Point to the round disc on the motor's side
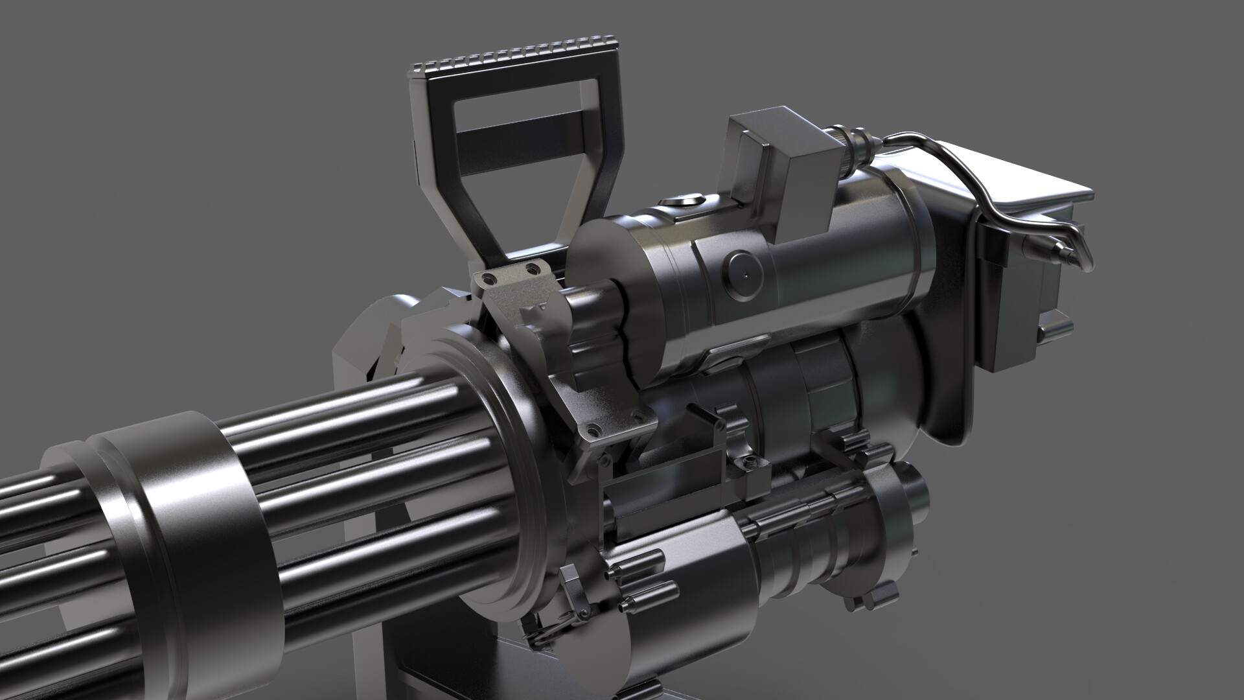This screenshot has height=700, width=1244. coord(745,275)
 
